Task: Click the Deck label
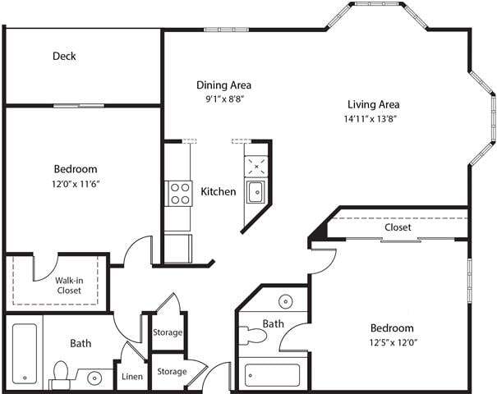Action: pyautogui.click(x=64, y=57)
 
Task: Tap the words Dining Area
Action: pyautogui.click(x=223, y=85)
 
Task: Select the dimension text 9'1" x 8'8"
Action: pyautogui.click(x=223, y=98)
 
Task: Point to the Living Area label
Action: pyautogui.click(x=373, y=104)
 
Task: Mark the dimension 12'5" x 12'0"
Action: pyautogui.click(x=391, y=341)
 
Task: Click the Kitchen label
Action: pyautogui.click(x=219, y=192)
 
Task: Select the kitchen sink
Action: pyautogui.click(x=255, y=193)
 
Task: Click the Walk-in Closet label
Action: pyautogui.click(x=68, y=285)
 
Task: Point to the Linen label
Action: pyautogui.click(x=132, y=377)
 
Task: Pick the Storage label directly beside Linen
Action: pyautogui.click(x=172, y=372)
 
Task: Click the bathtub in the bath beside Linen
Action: pyautogui.click(x=25, y=354)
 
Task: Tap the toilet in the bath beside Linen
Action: pyautogui.click(x=59, y=374)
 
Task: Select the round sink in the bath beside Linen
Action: pyautogui.click(x=95, y=378)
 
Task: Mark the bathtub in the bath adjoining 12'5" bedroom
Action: pyautogui.click(x=273, y=375)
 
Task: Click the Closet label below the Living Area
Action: pyautogui.click(x=398, y=227)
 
